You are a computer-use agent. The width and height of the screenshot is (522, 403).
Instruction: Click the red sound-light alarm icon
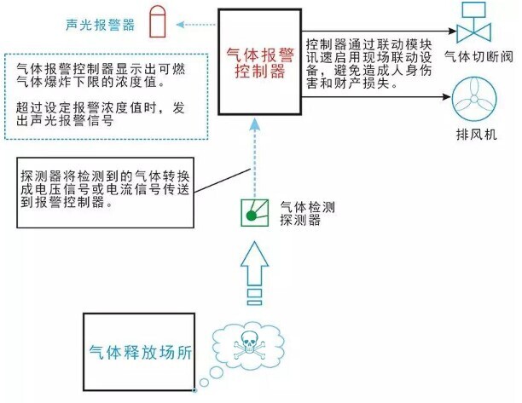tap(156, 23)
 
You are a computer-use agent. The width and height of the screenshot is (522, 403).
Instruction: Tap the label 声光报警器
tap(100, 25)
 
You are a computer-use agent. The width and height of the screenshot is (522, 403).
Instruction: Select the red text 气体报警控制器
tap(258, 62)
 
